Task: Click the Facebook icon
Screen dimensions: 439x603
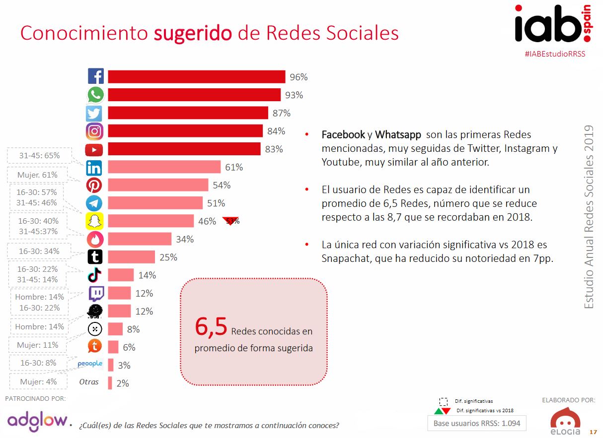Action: coord(95,76)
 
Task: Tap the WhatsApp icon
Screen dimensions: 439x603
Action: coord(95,95)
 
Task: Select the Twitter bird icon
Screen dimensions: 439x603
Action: coord(94,113)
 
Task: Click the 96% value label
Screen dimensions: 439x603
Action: coord(299,77)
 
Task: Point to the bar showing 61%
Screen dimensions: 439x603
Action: coord(164,167)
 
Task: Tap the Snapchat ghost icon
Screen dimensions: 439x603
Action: coord(94,221)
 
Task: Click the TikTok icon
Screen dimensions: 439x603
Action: coord(94,275)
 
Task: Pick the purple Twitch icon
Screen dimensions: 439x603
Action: coord(95,293)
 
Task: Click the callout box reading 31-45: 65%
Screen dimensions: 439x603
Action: coord(39,155)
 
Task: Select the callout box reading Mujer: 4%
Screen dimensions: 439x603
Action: coord(38,381)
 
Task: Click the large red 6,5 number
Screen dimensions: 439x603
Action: coord(211,327)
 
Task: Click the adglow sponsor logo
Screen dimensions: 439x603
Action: coord(37,421)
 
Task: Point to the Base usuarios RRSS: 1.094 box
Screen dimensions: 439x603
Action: coord(476,423)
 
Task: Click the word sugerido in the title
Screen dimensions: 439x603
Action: coord(193,33)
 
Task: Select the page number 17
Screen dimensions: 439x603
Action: coord(593,431)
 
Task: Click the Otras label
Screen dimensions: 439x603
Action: coord(89,382)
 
